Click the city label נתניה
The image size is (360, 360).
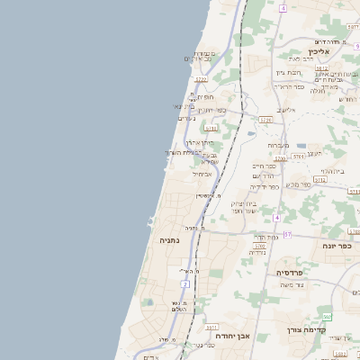[x=170, y=241]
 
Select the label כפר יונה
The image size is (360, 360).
[x=336, y=246]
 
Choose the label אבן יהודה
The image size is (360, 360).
[x=234, y=336]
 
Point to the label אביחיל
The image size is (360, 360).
[x=202, y=174]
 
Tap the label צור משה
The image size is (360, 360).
[x=292, y=285]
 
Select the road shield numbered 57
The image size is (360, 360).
[x=287, y=235]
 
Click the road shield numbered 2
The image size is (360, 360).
[x=185, y=284]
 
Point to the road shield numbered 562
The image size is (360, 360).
[x=328, y=317]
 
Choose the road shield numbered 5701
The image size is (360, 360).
[x=260, y=246]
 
